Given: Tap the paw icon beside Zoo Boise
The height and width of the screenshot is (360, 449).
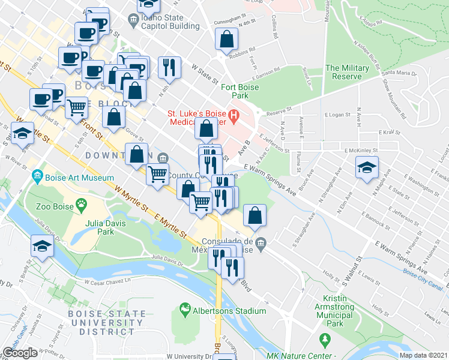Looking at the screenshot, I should pos(80,205).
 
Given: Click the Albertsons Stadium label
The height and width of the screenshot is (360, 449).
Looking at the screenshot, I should pos(229,311).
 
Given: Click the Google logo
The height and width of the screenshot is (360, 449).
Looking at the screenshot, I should pos(20,353).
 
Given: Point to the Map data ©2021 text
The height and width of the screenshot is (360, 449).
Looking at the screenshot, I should pos(424,355).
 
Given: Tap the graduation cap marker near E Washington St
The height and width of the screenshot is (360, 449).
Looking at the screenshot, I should pos(367,167).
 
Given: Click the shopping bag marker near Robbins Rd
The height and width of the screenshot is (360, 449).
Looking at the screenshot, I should pos(226,38).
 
